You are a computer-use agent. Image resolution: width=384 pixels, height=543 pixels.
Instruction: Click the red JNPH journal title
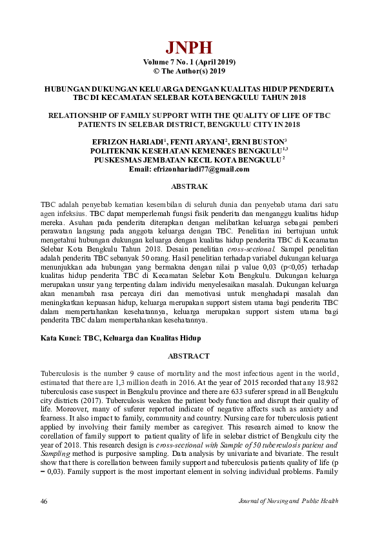pos(188,48)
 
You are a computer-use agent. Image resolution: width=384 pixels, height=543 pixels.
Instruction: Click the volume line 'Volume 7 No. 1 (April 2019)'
pos(189,62)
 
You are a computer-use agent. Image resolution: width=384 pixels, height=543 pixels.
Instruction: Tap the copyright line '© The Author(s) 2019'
pos(189,71)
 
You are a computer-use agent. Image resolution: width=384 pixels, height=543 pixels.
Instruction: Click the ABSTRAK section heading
pos(188,186)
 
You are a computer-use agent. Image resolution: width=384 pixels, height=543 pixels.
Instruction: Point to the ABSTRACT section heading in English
pos(188,356)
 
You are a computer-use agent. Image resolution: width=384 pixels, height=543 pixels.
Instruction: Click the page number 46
pos(45,501)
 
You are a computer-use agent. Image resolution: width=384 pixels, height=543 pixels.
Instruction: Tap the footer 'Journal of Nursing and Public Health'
pos(288,501)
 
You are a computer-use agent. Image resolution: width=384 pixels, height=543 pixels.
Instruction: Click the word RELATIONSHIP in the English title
pos(80,115)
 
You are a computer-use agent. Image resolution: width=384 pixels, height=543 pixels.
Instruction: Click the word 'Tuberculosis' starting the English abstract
pos(61,374)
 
